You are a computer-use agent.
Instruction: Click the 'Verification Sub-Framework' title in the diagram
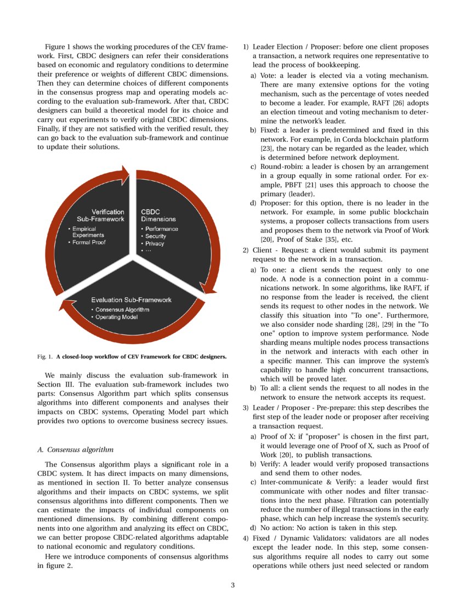pos(107,215)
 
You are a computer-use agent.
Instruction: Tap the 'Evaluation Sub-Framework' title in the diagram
pos(131,300)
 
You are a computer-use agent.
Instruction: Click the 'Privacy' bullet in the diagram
pos(154,243)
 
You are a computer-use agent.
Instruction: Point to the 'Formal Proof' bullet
pos(89,242)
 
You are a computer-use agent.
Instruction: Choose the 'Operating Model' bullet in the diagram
pos(116,317)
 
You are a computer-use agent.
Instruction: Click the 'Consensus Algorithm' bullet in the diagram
pos(122,310)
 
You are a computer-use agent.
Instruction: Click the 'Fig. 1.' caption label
pos(45,356)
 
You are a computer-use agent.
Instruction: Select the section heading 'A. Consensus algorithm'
pos(75,450)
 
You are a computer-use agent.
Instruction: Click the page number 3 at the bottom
pos(232,585)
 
